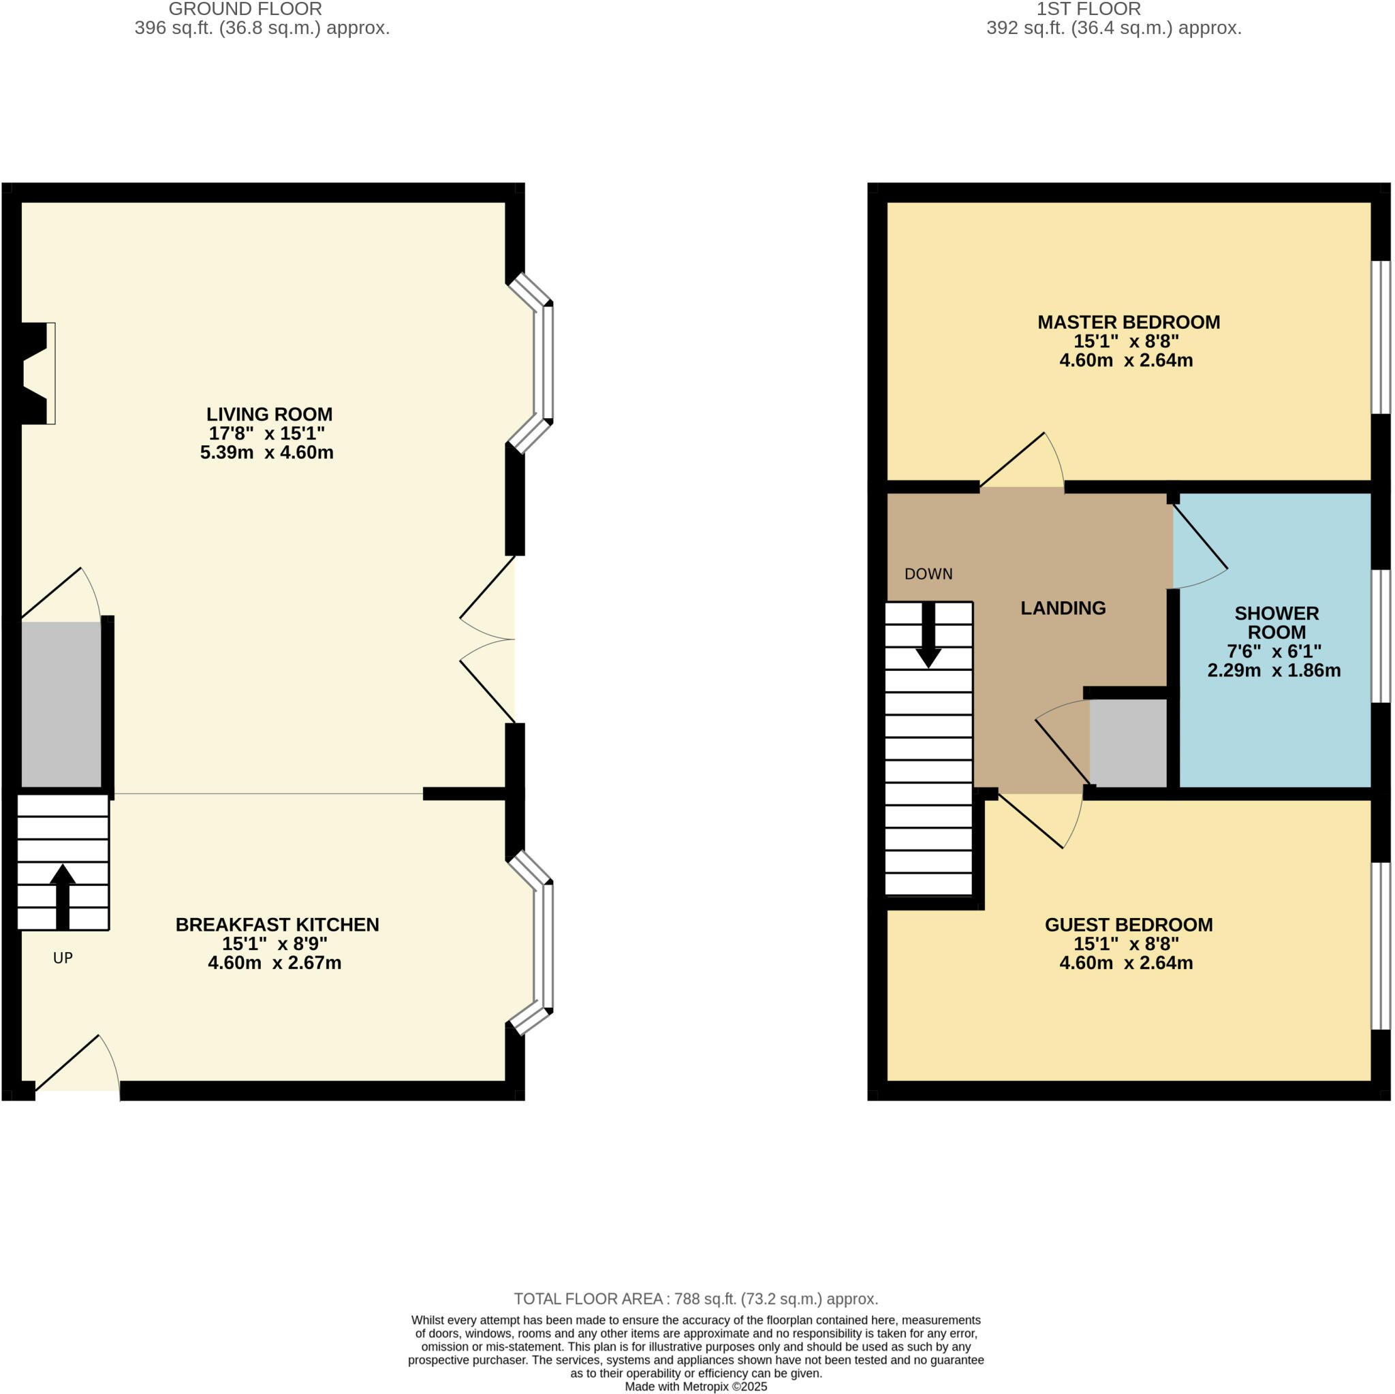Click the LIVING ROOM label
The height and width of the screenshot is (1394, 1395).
click(269, 414)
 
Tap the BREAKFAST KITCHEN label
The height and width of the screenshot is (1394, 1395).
click(277, 925)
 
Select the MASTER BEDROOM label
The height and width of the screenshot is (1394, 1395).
click(1129, 323)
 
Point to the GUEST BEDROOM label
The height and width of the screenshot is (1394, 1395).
click(1129, 925)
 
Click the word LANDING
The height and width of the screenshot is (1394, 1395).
click(1063, 608)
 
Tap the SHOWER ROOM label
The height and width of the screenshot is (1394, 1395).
click(1276, 622)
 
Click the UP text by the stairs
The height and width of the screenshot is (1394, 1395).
click(63, 958)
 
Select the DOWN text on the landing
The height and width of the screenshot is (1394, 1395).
click(928, 574)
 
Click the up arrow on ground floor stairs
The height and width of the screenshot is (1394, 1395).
click(63, 895)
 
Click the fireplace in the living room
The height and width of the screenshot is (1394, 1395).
click(36, 373)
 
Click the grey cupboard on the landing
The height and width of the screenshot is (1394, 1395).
click(1128, 743)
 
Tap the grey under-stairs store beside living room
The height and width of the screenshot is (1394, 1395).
click(61, 704)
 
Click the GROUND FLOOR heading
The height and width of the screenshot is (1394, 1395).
click(245, 10)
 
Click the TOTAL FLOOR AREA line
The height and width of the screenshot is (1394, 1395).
click(696, 1299)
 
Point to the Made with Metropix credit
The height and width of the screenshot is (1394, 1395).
click(696, 1386)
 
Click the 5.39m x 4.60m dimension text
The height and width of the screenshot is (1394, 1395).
click(266, 453)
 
